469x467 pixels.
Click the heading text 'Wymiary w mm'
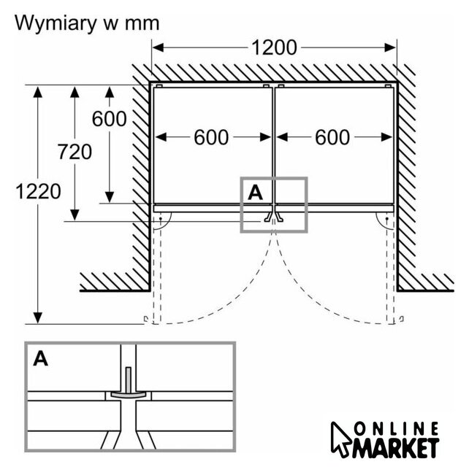(87, 23)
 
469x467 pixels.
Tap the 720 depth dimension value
(75, 152)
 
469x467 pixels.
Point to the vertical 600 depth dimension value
(110, 118)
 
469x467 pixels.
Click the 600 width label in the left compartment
(211, 136)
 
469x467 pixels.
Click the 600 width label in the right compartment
(332, 136)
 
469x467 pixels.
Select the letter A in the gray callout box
(255, 191)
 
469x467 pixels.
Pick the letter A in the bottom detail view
(41, 359)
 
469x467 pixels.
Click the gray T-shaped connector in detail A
(129, 387)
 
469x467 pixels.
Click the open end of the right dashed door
(400, 320)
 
